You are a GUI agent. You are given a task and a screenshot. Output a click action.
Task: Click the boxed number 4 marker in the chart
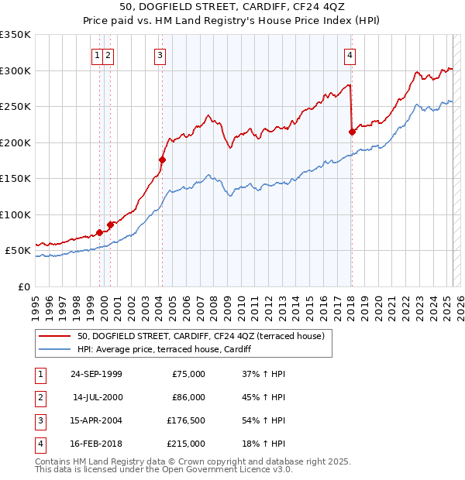pyautogui.click(x=350, y=55)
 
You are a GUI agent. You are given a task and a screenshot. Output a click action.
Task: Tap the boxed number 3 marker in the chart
pyautogui.click(x=160, y=55)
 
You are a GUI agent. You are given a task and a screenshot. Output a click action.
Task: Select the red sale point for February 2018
pyautogui.click(x=352, y=132)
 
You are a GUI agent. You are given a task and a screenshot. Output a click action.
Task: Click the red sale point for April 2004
pyautogui.click(x=163, y=159)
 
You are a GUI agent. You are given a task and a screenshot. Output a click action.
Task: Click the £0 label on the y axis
pyautogui.click(x=25, y=287)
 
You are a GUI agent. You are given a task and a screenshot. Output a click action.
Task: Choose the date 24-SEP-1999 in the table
pyautogui.click(x=96, y=374)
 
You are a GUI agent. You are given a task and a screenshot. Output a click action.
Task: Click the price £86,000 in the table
pyautogui.click(x=188, y=397)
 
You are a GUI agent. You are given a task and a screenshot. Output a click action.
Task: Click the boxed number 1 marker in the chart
pyautogui.click(x=98, y=55)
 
